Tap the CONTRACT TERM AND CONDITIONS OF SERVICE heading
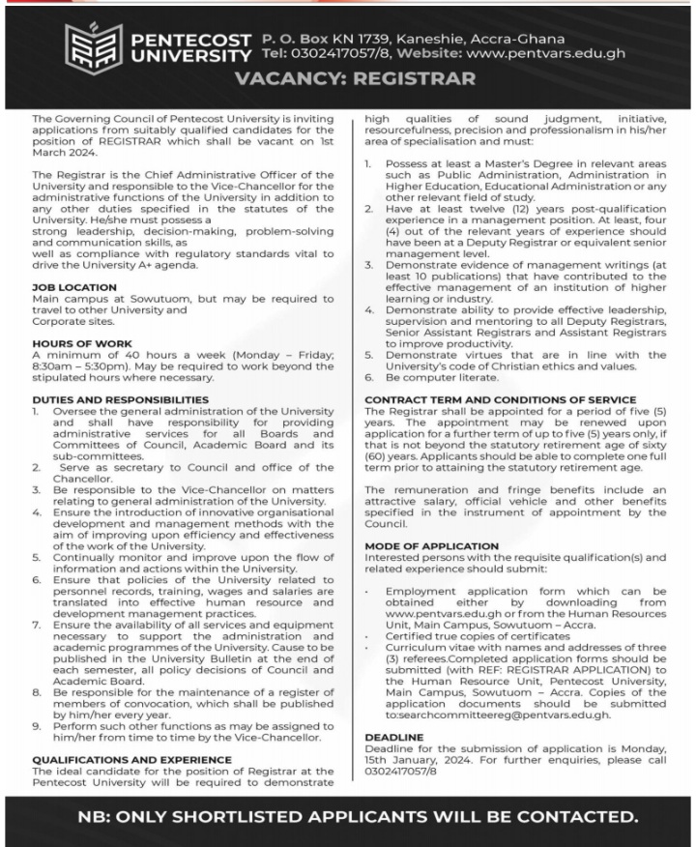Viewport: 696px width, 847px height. [500, 399]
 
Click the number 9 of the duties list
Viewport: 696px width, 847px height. [36, 724]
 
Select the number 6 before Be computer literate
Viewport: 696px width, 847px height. [369, 377]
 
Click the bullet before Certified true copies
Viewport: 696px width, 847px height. [369, 637]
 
